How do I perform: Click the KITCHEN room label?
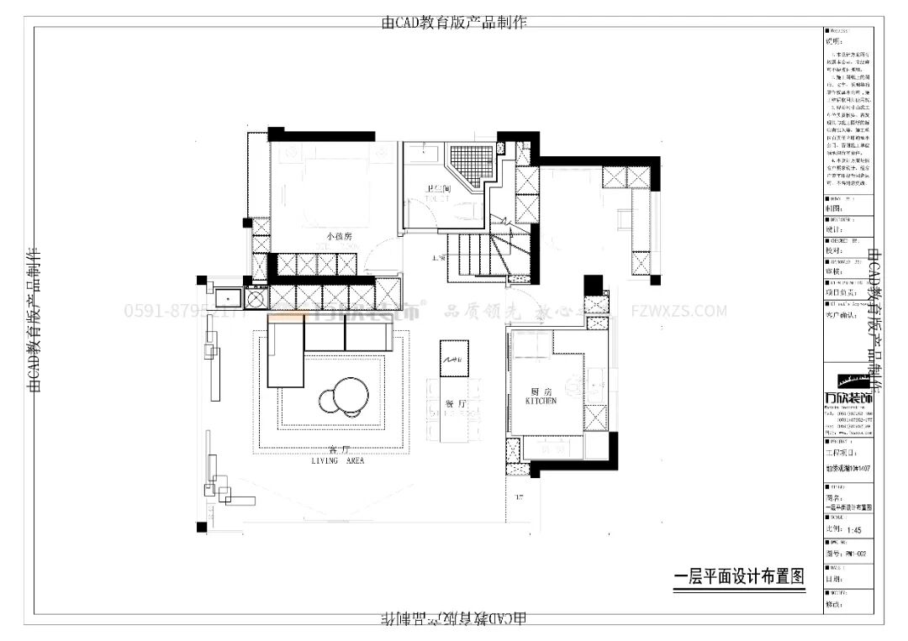[541, 402]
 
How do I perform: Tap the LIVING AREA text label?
[337, 461]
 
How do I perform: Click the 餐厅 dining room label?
[456, 404]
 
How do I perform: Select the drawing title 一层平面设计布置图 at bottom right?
[740, 577]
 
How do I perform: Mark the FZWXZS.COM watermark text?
[678, 311]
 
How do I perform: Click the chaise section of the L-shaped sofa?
[286, 356]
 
